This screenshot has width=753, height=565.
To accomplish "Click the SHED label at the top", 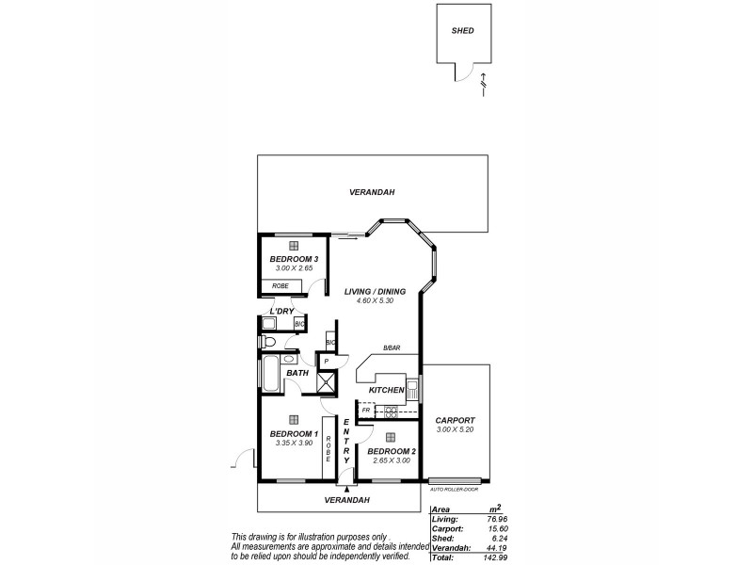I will coord(462,31).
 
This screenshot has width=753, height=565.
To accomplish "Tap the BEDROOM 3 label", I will coord(294,259).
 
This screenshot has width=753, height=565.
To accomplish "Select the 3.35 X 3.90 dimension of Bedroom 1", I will coord(294,442).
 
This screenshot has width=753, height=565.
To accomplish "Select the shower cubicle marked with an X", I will coord(327,382).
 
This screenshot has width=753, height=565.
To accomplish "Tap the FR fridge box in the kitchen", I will coord(366,411).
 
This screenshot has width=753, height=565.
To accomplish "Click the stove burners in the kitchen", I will coord(390,411).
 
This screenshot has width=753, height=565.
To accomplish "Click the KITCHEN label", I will coord(386,390).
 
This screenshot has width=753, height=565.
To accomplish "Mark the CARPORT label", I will coord(457,420).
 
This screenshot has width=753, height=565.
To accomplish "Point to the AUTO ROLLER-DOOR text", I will coord(456,490).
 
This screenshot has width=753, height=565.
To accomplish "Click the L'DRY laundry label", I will coord(282,310).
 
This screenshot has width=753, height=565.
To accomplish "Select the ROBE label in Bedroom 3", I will coord(280,285).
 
